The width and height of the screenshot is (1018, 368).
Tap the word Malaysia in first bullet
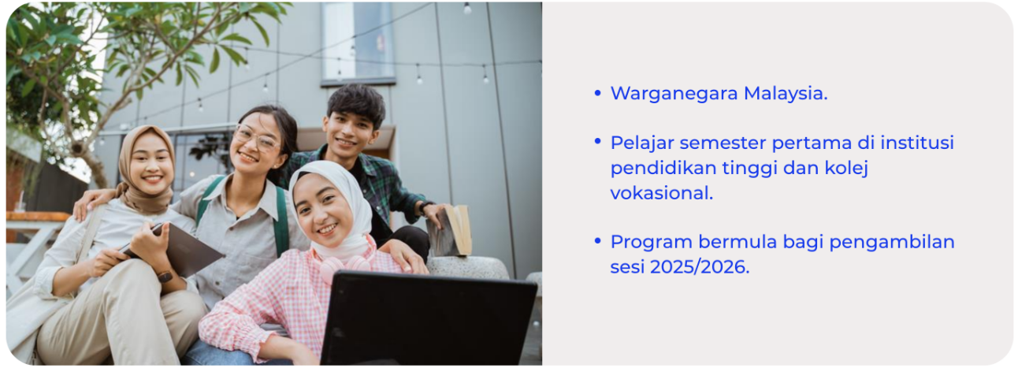coord(786,93)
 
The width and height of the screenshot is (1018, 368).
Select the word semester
coord(723,143)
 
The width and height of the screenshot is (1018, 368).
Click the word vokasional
coord(661,192)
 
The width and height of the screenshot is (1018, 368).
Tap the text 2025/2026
coord(700,266)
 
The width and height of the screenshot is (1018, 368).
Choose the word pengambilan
coord(892,242)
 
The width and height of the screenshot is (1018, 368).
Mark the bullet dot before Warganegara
coord(597,94)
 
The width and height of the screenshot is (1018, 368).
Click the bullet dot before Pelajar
coord(597,142)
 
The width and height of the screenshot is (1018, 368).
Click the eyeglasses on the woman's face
coord(257,138)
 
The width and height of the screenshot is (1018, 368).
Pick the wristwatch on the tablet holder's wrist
coord(165,277)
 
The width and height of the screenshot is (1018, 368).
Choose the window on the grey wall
coord(358,43)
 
